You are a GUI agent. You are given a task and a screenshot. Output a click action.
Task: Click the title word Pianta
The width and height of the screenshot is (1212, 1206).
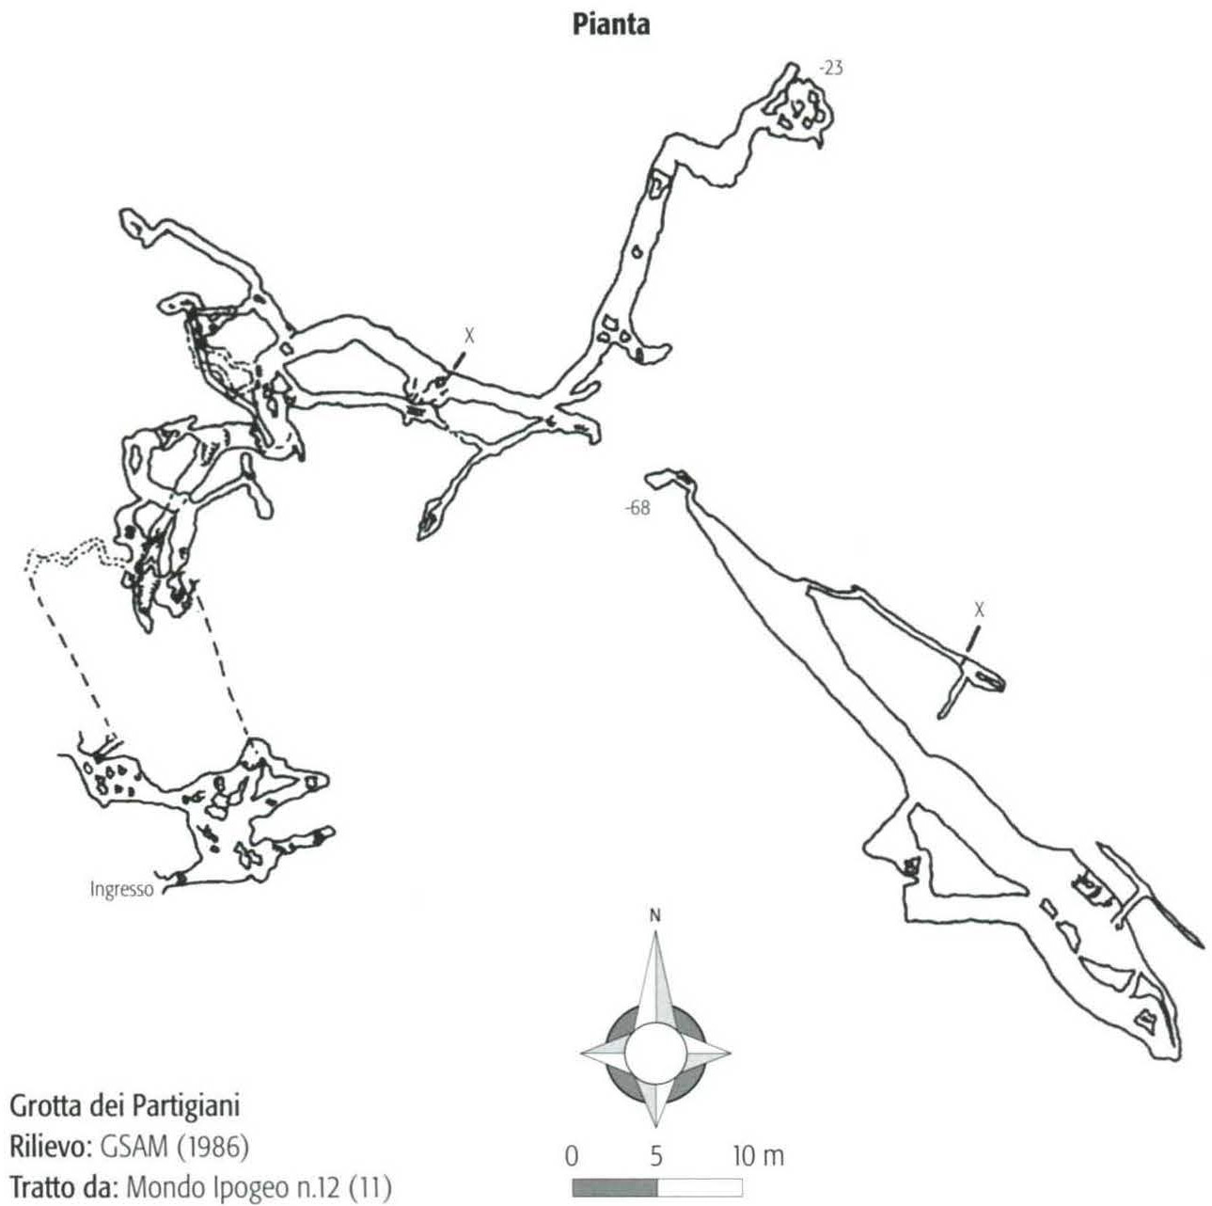611,25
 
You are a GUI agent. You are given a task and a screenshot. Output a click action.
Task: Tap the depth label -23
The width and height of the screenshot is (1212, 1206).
831,68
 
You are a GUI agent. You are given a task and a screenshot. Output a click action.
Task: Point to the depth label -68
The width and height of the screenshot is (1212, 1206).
637,508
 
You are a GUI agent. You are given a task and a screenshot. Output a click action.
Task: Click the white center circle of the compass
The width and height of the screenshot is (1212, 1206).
654,1051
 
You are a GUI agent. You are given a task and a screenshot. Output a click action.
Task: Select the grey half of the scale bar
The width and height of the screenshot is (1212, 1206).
615,1170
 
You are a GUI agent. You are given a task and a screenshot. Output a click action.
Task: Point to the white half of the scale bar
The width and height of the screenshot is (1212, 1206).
700,1170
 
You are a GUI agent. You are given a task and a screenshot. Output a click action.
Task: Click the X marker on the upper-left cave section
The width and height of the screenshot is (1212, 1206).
468,336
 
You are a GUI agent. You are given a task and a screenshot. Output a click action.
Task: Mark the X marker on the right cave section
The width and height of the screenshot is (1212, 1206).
979,610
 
